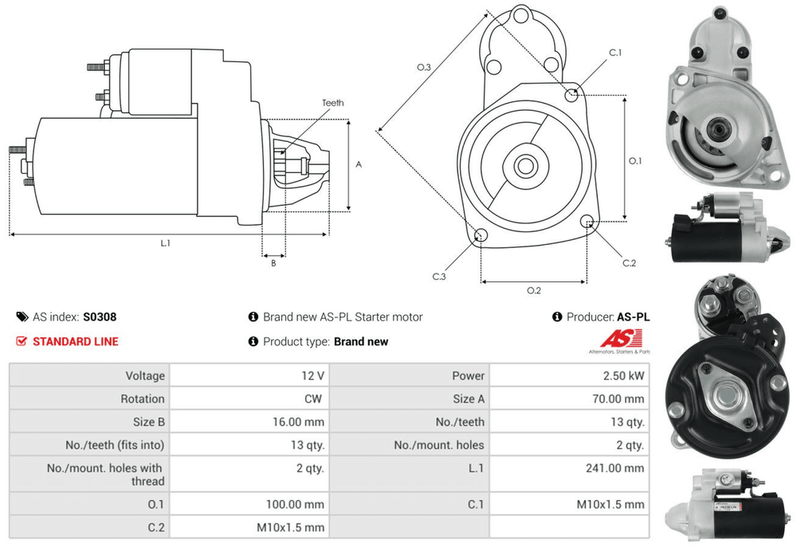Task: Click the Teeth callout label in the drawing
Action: (x=332, y=103)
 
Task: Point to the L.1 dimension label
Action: (x=166, y=243)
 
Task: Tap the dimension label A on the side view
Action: (x=359, y=165)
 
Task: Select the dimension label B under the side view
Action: (x=273, y=262)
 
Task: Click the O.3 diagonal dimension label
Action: (x=424, y=69)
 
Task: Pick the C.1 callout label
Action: (x=614, y=53)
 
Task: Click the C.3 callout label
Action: (x=439, y=277)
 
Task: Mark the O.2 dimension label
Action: (x=534, y=290)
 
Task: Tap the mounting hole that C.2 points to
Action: (x=587, y=222)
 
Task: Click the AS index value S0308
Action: (x=100, y=317)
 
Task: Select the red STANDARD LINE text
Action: (x=75, y=341)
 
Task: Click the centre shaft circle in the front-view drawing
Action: (x=524, y=166)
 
